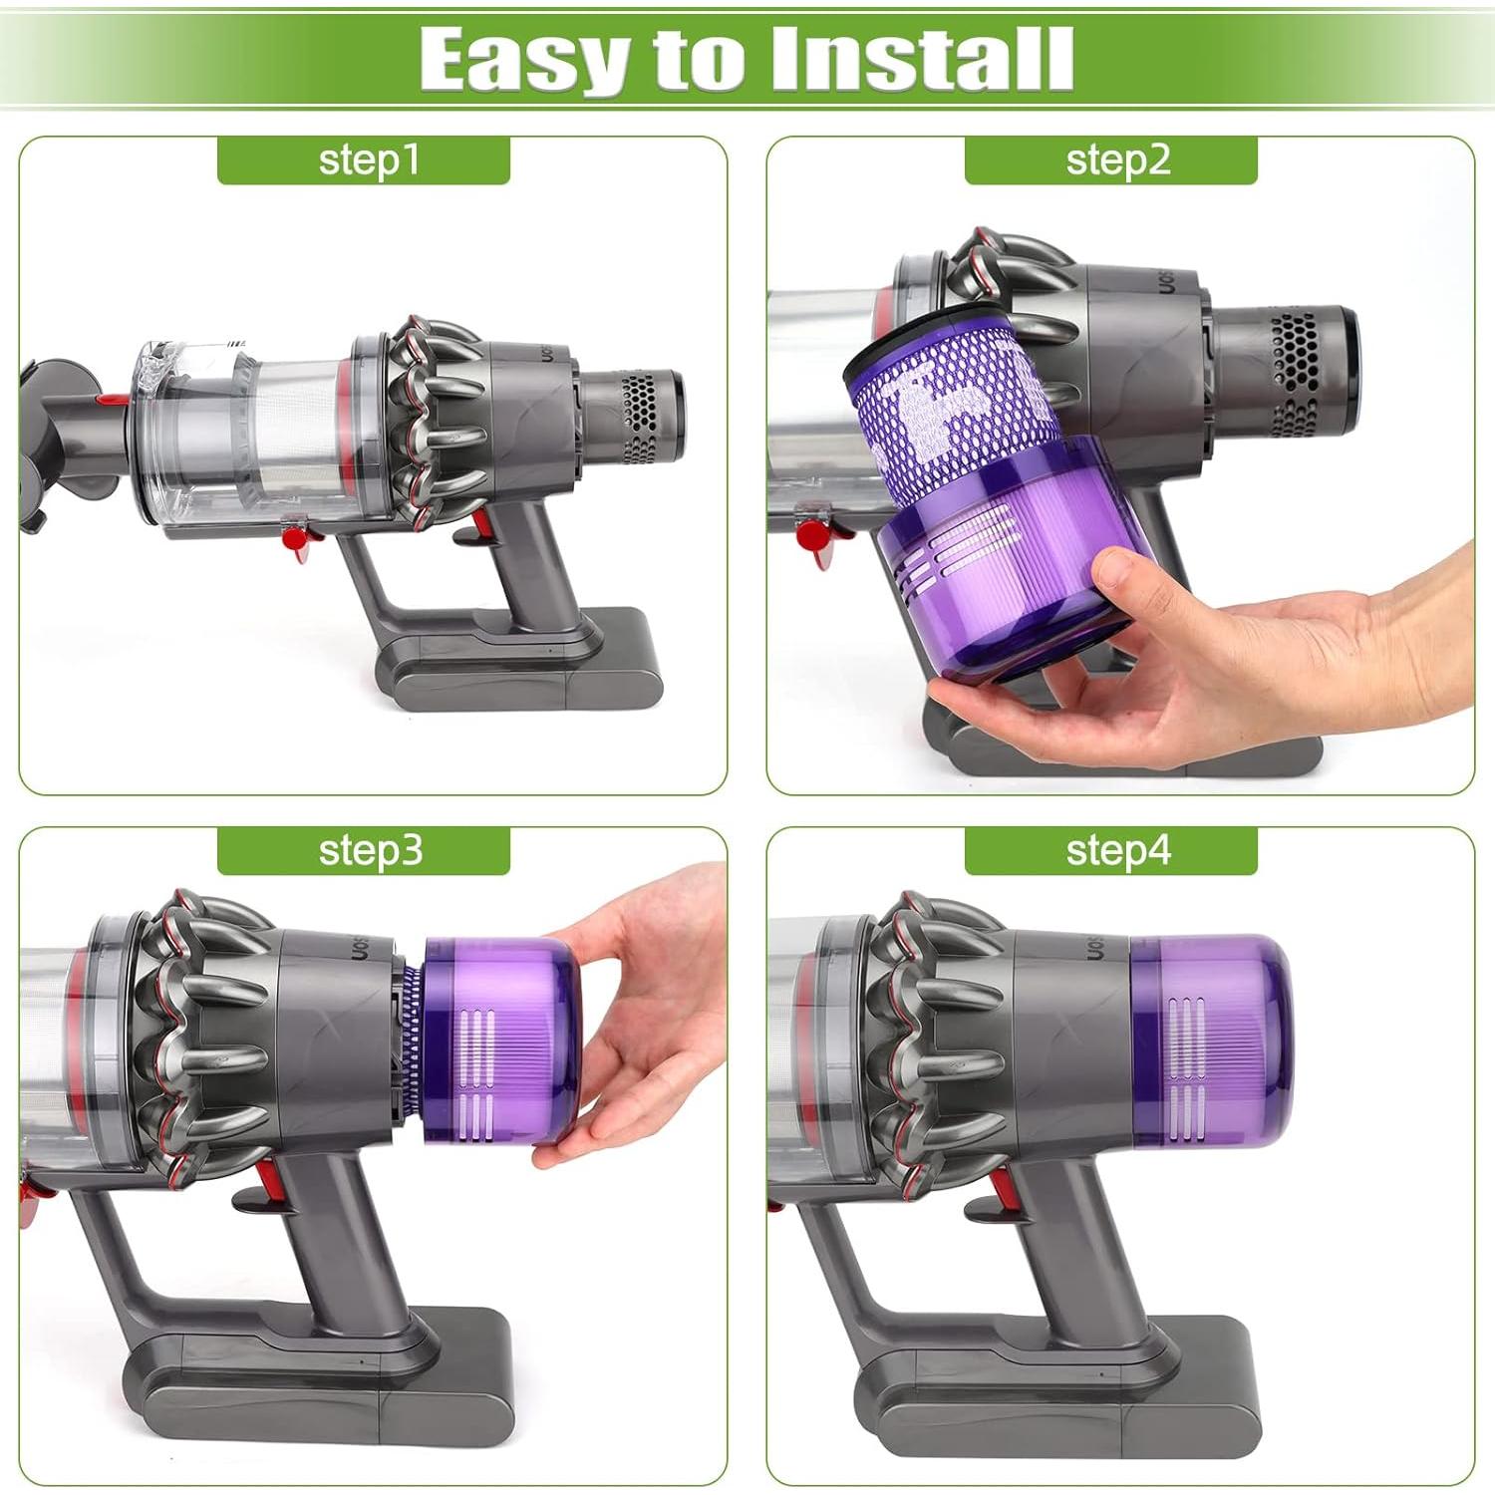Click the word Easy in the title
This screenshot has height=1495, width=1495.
point(526,60)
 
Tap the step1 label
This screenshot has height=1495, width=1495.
point(364,160)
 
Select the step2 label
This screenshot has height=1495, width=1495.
point(1111,160)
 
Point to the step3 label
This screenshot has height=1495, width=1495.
point(364,851)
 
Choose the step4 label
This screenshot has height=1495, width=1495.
point(1111,851)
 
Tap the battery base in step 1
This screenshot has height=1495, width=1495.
point(518,668)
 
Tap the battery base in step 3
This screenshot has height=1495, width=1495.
point(329,1385)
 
